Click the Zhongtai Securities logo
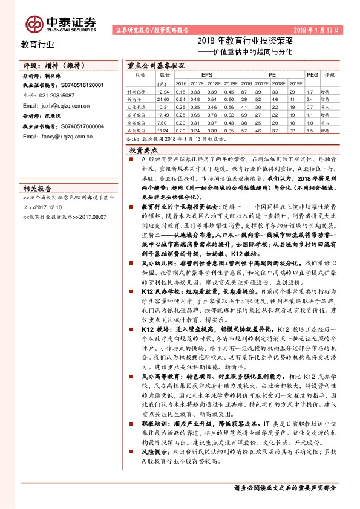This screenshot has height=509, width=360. [61, 23]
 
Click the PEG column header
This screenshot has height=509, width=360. [312, 75]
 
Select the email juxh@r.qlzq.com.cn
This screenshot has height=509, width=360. [56, 104]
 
